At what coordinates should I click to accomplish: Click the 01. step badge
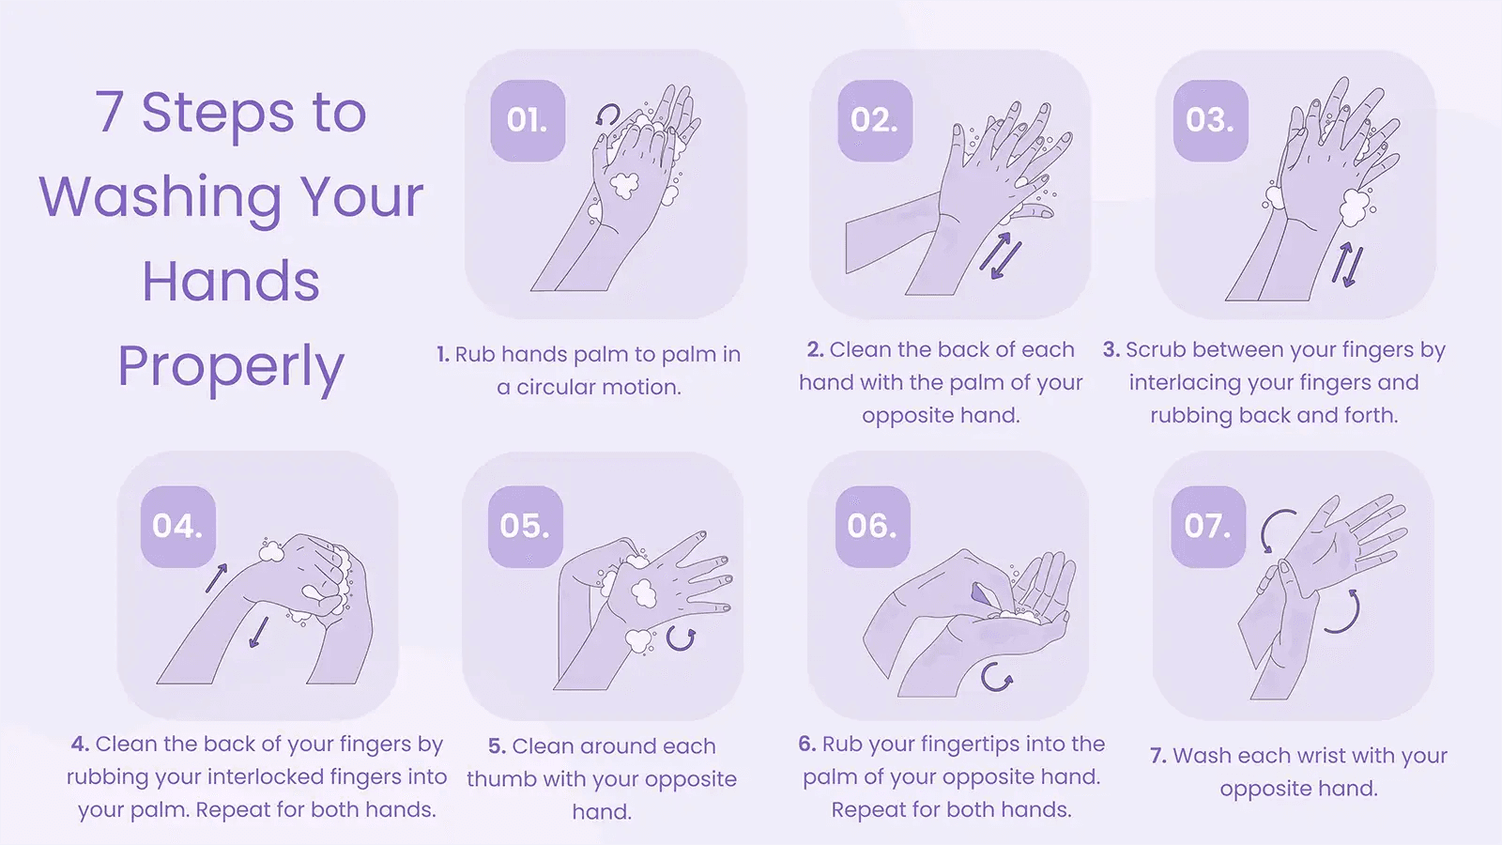pos(528,120)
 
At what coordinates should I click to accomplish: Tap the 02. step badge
pos(874,120)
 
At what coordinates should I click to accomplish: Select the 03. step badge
pos(1210,120)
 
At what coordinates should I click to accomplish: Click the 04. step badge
pos(177,526)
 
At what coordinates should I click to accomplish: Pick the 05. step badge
pos(525,526)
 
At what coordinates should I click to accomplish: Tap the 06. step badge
pos(872,526)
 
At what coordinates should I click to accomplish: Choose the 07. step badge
pos(1208,526)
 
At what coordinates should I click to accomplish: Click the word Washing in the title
pos(160,197)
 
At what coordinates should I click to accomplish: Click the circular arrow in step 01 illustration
pos(608,115)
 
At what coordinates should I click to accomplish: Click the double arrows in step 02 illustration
pos(1001,254)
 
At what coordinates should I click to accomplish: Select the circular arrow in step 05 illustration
pos(681,639)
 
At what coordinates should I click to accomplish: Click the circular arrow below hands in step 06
pos(996,677)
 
